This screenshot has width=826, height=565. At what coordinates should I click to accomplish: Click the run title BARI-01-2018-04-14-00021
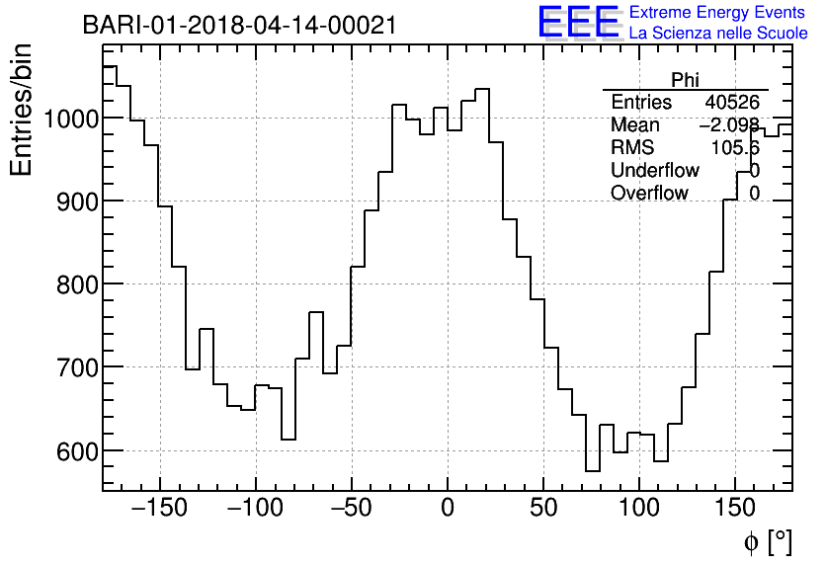(x=239, y=25)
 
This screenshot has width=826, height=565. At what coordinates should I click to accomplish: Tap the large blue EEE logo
(x=578, y=23)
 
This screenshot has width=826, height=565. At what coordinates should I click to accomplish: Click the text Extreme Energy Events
(x=717, y=13)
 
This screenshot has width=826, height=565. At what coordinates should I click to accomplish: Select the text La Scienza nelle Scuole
(x=717, y=34)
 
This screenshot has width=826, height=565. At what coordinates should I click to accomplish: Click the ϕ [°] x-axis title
(x=767, y=541)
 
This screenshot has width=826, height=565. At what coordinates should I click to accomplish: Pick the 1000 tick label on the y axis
(x=69, y=119)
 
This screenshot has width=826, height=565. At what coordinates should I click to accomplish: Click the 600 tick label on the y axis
(x=75, y=450)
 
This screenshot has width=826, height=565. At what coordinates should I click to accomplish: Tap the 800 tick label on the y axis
(x=75, y=284)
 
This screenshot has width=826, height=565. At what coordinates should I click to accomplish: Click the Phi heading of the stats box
(x=685, y=80)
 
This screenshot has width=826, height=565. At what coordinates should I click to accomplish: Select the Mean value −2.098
(x=729, y=125)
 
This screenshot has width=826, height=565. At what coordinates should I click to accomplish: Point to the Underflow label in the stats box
(x=655, y=171)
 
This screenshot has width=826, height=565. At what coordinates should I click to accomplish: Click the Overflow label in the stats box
(x=649, y=194)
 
